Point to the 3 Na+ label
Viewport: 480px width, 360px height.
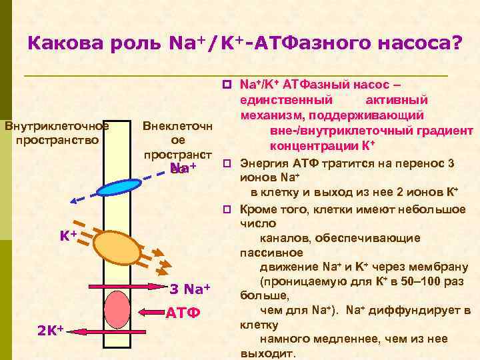click(190, 289)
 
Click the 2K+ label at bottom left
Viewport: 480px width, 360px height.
click(50, 329)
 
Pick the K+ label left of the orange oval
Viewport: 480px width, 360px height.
click(69, 235)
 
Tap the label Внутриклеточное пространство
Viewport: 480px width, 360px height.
click(57, 133)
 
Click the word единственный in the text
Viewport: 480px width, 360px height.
click(287, 100)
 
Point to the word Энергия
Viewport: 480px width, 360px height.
click(264, 163)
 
